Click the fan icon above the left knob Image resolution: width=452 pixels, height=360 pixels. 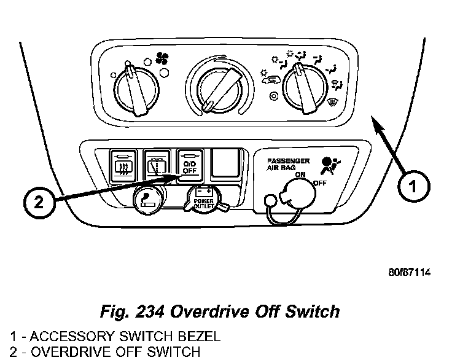click(x=163, y=58)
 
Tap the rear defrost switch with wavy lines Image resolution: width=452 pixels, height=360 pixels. click(x=123, y=165)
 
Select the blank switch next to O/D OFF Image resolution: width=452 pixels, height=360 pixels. click(x=225, y=164)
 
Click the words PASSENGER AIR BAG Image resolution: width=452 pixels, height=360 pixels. click(x=288, y=163)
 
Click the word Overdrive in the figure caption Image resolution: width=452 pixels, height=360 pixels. click(x=227, y=311)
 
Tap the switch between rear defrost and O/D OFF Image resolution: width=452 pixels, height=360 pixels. click(x=157, y=165)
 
